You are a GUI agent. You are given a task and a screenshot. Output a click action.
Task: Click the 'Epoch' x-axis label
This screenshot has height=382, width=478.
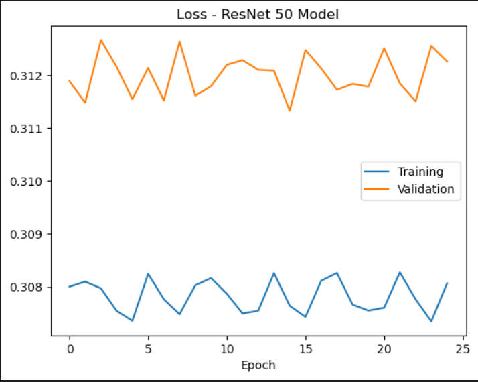[x=258, y=365]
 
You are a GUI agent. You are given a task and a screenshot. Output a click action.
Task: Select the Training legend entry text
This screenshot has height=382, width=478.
[x=420, y=172]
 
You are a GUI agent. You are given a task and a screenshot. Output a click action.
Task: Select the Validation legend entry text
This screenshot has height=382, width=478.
[x=425, y=190]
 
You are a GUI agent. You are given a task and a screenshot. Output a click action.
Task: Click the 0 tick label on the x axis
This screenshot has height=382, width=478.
[x=70, y=349]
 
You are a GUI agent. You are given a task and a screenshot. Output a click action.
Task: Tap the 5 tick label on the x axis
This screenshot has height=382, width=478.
[x=148, y=349]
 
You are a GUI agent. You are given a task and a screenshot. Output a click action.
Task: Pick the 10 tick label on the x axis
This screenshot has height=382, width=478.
[x=226, y=349]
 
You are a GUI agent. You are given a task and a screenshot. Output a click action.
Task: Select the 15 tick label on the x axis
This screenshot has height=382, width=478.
[x=305, y=349]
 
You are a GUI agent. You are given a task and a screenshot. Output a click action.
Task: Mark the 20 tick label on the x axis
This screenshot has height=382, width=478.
[x=384, y=349]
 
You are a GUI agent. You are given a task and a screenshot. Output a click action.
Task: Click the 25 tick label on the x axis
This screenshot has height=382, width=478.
[x=462, y=349]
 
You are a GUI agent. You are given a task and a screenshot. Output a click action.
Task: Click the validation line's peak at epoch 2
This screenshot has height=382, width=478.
[x=101, y=40]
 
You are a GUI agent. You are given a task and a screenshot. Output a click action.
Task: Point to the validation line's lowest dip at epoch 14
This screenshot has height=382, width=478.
[x=289, y=111]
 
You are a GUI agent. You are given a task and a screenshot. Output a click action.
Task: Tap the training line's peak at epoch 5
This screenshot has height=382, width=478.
[x=148, y=273]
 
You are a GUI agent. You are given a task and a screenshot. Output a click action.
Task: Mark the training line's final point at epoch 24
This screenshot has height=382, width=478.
[x=447, y=283]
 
